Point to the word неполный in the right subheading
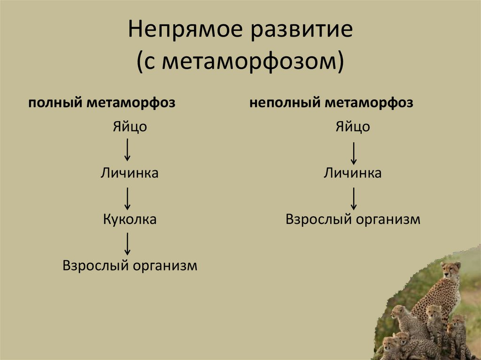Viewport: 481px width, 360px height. [284, 103]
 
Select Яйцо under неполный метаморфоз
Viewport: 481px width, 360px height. [352, 127]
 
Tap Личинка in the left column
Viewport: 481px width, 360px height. [129, 173]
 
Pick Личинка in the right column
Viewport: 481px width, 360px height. [352, 173]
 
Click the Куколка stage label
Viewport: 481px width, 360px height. [130, 219]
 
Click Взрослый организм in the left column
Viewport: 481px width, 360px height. [130, 266]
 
